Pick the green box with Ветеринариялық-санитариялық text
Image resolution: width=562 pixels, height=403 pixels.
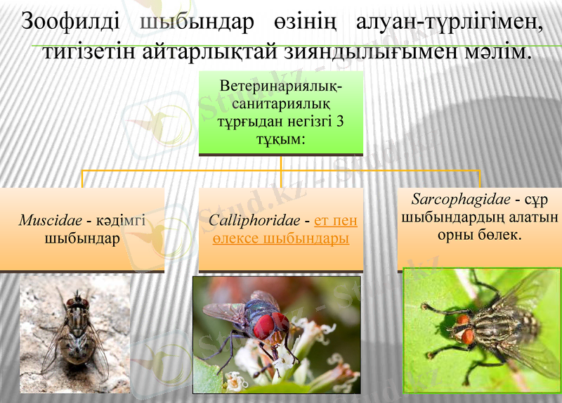pyautogui.click(x=281, y=113)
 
